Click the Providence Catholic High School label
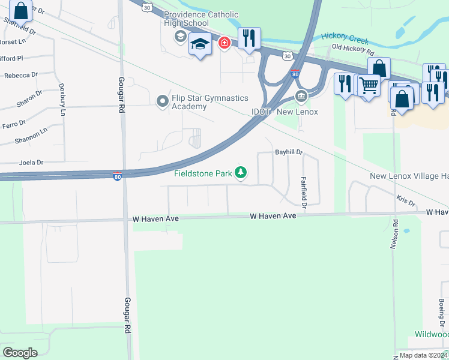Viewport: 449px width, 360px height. (200, 19)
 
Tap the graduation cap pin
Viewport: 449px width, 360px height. (200, 44)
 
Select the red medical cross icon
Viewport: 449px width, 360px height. (224, 43)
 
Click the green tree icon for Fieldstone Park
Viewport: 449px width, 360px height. (241, 173)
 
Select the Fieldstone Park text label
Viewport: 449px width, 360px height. (203, 174)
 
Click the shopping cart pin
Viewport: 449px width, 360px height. (369, 86)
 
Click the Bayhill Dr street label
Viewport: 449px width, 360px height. (289, 152)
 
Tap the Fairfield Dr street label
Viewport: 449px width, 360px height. (304, 192)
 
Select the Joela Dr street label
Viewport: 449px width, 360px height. (31, 162)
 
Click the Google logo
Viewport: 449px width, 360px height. (20, 353)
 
